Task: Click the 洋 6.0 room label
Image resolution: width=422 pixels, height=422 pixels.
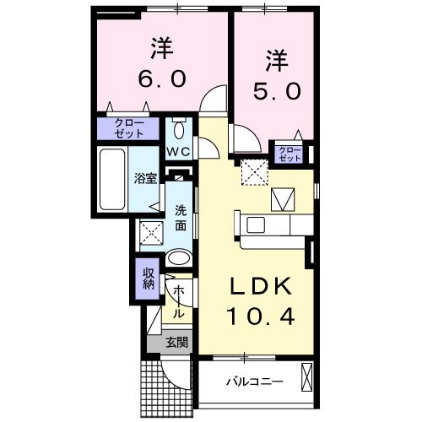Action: pyautogui.click(x=161, y=63)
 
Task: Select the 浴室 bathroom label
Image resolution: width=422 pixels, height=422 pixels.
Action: pyautogui.click(x=145, y=178)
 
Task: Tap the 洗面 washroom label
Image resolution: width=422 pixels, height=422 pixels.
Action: pyautogui.click(x=181, y=219)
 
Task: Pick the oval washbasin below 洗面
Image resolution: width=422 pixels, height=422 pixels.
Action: pyautogui.click(x=179, y=257)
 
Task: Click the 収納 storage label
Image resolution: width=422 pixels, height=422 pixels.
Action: pyautogui.click(x=147, y=279)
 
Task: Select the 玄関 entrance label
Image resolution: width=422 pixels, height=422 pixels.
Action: pyautogui.click(x=176, y=342)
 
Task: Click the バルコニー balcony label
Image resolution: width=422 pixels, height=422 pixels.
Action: pyautogui.click(x=253, y=382)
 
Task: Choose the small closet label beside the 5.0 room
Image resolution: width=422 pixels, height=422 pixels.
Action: pyautogui.click(x=289, y=154)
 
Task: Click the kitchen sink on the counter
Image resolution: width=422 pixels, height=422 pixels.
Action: pyautogui.click(x=254, y=225)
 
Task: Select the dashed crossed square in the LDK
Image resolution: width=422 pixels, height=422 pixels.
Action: pyautogui.click(x=253, y=172)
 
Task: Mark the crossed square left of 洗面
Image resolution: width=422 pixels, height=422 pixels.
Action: pyautogui.click(x=150, y=231)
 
